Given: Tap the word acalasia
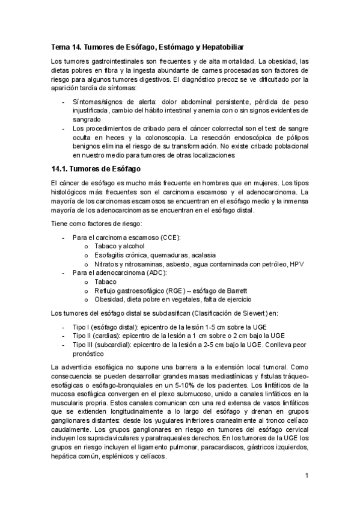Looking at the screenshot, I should [x=203, y=255].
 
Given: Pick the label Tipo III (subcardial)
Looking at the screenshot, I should [x=103, y=345].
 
